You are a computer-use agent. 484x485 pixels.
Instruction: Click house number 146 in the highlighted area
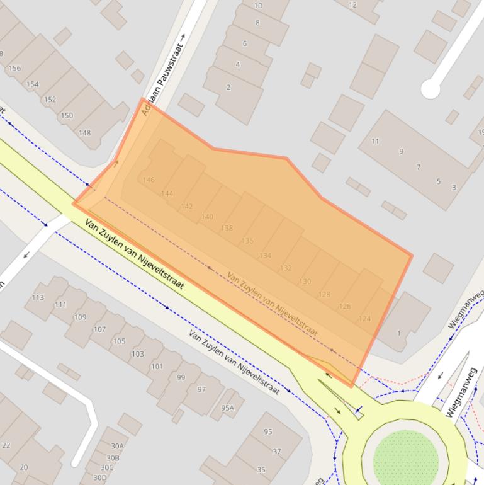click(149, 180)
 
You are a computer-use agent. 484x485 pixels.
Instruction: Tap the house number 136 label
click(247, 241)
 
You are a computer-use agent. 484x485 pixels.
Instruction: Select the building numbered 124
click(364, 319)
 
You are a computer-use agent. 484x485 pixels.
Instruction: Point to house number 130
click(305, 282)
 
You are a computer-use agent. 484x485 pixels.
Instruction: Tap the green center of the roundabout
click(405, 459)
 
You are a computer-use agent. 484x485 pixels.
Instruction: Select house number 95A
click(227, 408)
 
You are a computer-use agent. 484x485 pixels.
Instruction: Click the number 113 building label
click(38, 297)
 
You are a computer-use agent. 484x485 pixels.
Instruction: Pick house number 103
click(137, 354)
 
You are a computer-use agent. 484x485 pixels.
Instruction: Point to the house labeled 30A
click(117, 447)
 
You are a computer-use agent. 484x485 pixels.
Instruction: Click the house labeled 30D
click(99, 477)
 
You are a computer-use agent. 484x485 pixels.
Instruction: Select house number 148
click(84, 133)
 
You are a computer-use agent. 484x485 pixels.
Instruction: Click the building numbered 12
click(352, 5)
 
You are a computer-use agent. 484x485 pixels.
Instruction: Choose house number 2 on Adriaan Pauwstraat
click(228, 88)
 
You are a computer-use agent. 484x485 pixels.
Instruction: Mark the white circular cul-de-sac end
click(431, 89)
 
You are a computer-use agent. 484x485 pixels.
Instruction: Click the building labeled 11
click(375, 141)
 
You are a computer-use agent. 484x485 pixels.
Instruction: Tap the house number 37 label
click(277, 452)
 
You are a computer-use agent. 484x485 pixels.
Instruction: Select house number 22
click(6, 445)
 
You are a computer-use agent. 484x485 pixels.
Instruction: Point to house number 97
click(201, 389)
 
